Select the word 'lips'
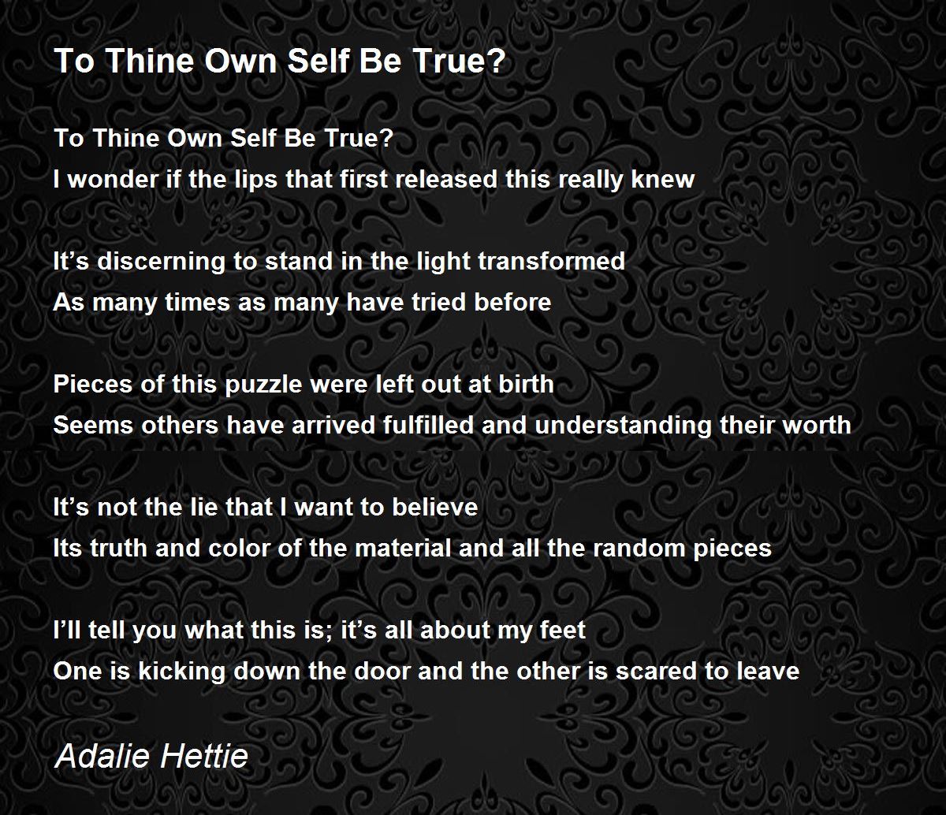point(256,180)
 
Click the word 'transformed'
point(552,261)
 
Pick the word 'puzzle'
point(263,385)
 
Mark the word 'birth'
point(527,384)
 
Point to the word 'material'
point(403,548)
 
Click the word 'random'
point(639,548)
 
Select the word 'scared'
point(657,671)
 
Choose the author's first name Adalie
point(102,756)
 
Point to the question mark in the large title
point(495,61)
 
